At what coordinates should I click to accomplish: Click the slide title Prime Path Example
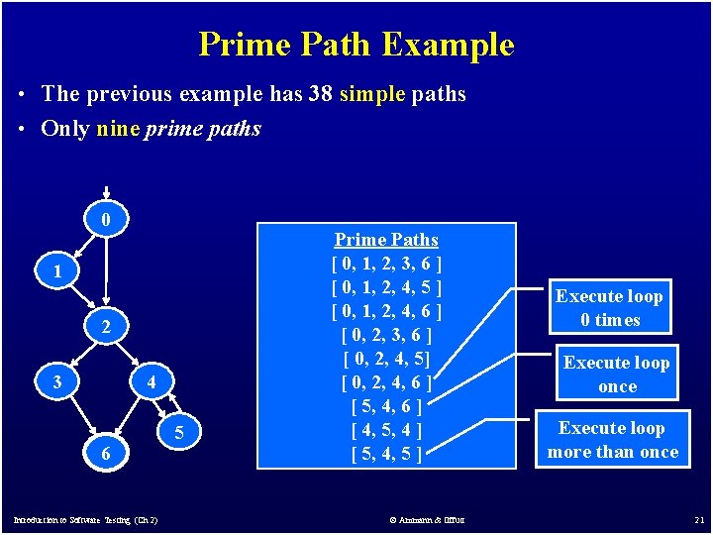tap(356, 45)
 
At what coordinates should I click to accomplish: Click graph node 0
tap(107, 218)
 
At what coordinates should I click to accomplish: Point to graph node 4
tap(152, 382)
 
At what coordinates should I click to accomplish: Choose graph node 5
tap(178, 433)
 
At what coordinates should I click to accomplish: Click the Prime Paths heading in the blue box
tap(386, 240)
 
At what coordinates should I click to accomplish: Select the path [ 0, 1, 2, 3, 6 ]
tap(386, 264)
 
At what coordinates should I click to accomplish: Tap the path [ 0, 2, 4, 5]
tap(386, 359)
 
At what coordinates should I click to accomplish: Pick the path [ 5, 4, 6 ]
tap(386, 406)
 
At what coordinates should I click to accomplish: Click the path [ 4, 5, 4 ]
tap(386, 430)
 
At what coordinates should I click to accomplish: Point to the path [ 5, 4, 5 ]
tap(386, 454)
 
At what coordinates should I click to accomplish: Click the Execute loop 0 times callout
tap(610, 308)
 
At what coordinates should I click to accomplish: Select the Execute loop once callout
tap(616, 374)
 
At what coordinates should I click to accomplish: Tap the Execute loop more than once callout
tap(611, 440)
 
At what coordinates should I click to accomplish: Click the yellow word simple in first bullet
tap(372, 94)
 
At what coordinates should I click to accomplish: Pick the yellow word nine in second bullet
tap(118, 129)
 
